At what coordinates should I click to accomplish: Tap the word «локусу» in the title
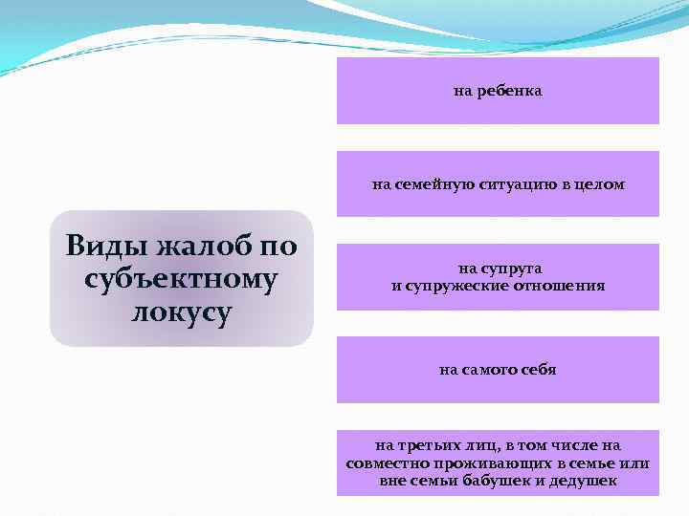(182, 312)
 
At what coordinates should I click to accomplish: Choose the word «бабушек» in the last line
(499, 481)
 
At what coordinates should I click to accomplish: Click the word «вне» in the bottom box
(393, 481)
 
